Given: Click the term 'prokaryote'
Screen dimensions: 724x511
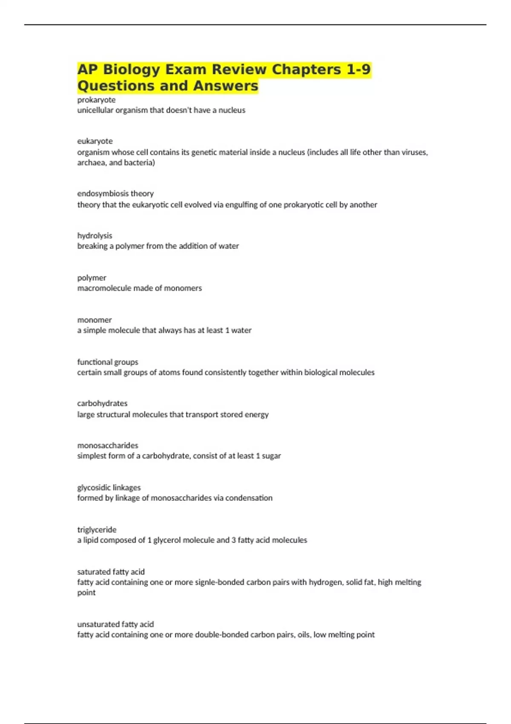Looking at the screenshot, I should [x=96, y=100].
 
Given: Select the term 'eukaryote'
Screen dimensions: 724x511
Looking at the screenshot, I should [x=95, y=141].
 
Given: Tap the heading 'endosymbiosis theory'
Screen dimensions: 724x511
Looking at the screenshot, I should [x=115, y=193].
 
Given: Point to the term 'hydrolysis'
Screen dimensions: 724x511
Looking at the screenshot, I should [x=95, y=236].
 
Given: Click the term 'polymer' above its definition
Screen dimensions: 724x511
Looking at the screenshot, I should [x=92, y=278].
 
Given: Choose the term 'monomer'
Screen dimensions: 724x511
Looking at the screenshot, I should [x=94, y=320].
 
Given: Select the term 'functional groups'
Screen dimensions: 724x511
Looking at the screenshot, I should [x=108, y=362].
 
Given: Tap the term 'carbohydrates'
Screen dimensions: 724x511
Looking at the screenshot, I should [x=102, y=403].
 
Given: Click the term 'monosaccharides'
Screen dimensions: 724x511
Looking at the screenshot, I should [x=108, y=445].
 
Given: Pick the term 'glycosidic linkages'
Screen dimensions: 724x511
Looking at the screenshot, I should [x=109, y=488].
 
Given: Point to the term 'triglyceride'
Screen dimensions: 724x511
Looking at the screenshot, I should [x=97, y=530].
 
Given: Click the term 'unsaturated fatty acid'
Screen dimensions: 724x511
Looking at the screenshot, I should [x=115, y=624].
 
